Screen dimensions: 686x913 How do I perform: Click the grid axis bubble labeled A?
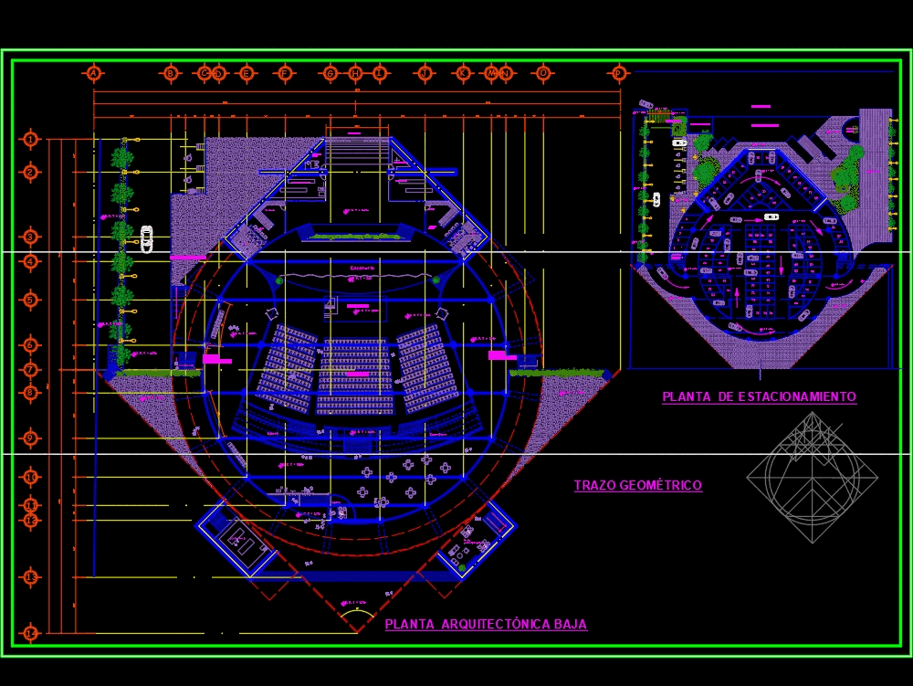(93, 73)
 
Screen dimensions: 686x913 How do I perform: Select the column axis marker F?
(285, 73)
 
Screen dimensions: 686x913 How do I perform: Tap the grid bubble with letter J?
(425, 73)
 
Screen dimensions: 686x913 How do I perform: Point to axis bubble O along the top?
(543, 73)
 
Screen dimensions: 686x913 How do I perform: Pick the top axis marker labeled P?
(619, 73)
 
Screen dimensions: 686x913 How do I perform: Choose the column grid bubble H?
(355, 73)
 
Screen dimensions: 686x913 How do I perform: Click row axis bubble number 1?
(31, 139)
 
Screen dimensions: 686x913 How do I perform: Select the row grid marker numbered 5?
(31, 300)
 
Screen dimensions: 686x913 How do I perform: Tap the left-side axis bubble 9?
(31, 438)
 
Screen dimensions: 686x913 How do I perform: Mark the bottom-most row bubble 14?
(31, 632)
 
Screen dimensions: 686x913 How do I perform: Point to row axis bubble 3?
(31, 237)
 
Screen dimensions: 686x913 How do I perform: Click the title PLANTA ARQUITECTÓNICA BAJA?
(486, 625)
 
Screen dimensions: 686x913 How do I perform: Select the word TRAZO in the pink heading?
(594, 486)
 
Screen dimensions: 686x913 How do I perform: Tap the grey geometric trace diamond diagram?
(812, 477)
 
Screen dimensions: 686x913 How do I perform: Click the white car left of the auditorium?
(146, 239)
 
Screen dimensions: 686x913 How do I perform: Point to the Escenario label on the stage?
(362, 268)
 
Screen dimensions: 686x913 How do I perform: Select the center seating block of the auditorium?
(355, 375)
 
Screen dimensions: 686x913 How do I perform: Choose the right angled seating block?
(427, 366)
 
